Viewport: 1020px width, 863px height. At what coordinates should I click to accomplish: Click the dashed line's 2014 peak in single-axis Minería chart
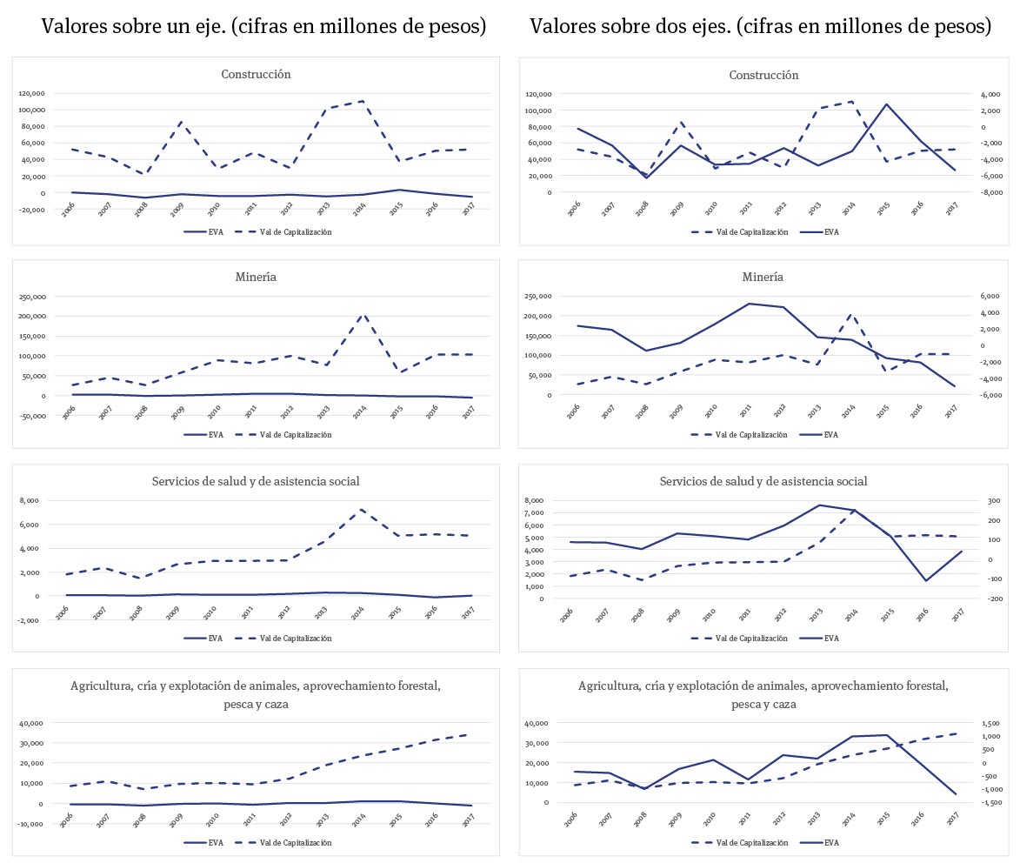pyautogui.click(x=361, y=314)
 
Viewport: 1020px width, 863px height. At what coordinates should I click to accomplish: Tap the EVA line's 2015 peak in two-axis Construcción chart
pyautogui.click(x=886, y=104)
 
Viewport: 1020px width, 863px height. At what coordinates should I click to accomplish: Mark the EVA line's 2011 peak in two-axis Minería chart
pyautogui.click(x=749, y=304)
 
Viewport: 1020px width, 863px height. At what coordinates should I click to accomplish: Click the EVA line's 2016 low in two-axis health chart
pyautogui.click(x=926, y=580)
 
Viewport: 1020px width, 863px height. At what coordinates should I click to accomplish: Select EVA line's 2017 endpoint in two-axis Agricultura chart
pyautogui.click(x=955, y=794)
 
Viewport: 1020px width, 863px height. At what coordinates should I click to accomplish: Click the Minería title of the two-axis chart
pyautogui.click(x=763, y=278)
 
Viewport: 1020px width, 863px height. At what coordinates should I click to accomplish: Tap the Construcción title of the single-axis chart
pyautogui.click(x=256, y=74)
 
